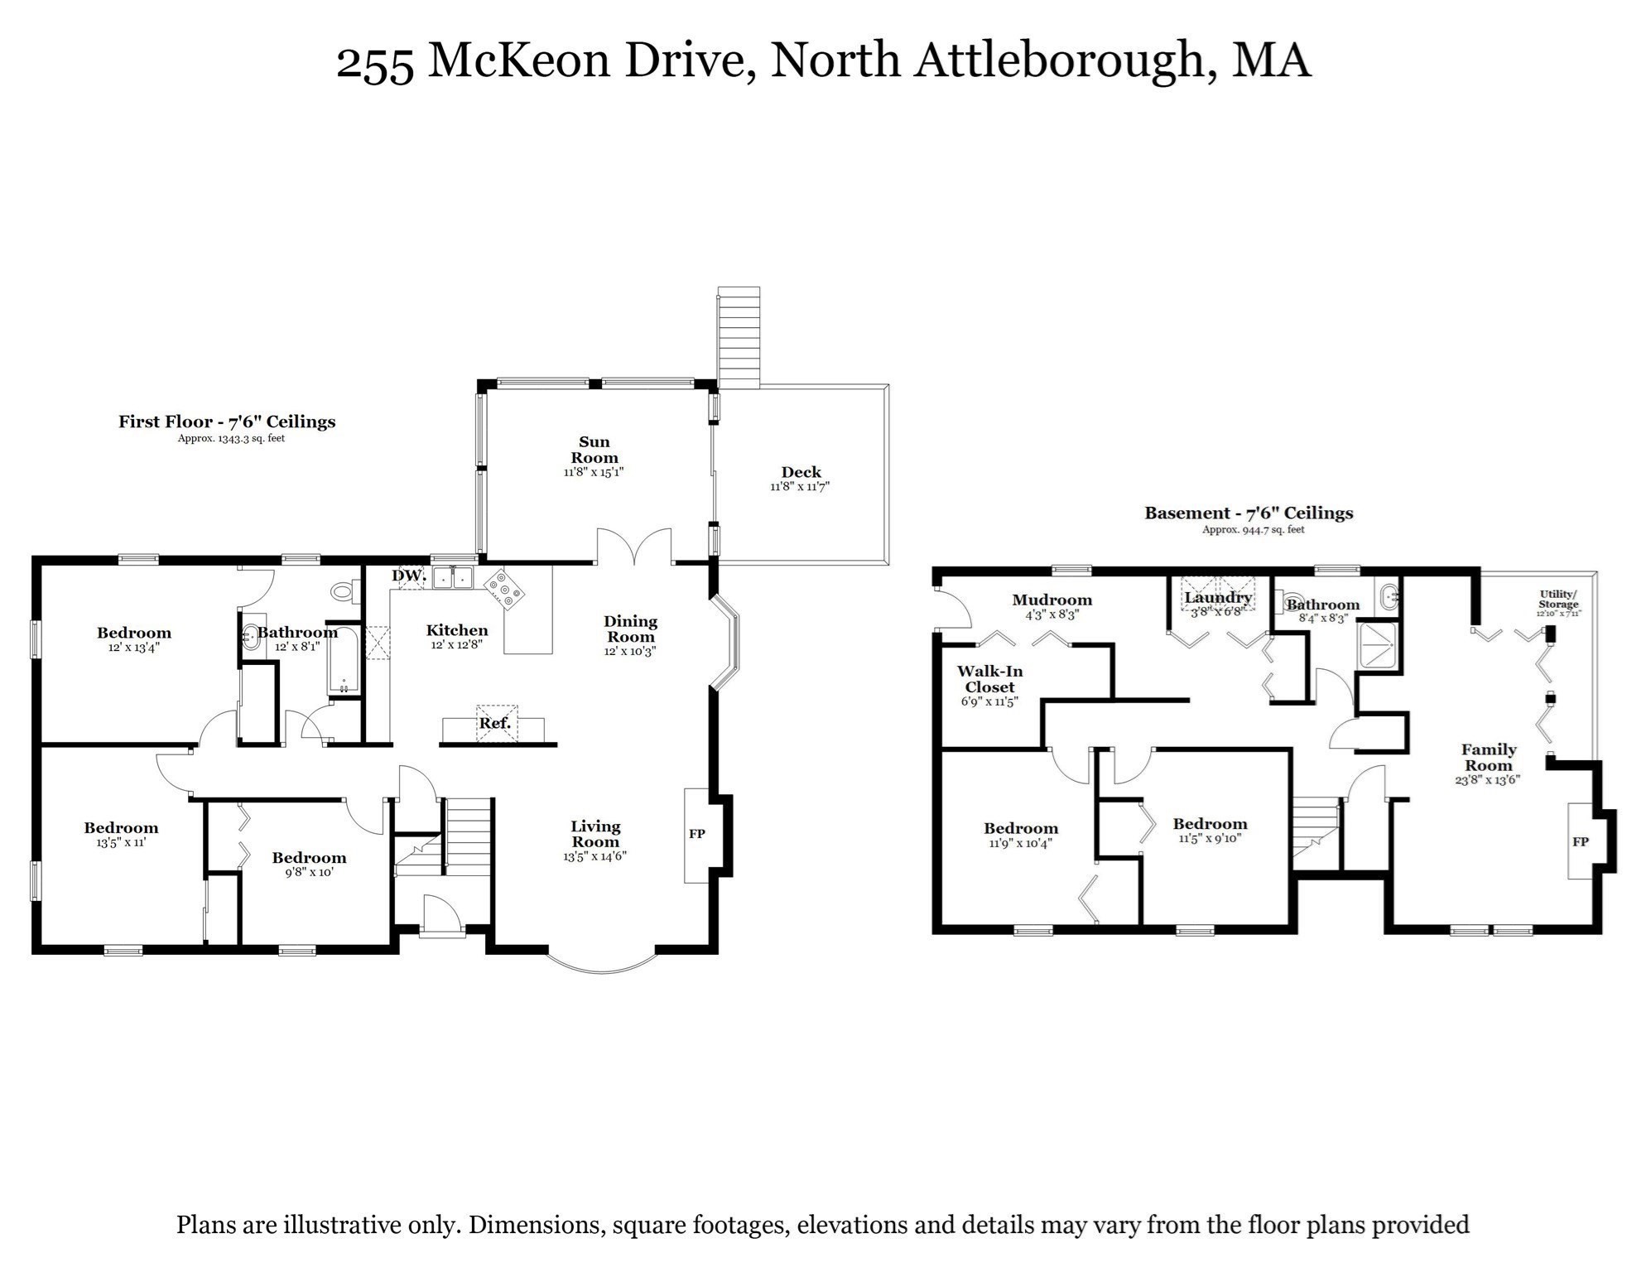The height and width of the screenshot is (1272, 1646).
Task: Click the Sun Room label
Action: (594, 450)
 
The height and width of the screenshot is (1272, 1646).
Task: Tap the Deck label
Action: (800, 473)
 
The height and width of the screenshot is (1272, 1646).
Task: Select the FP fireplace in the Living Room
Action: (697, 834)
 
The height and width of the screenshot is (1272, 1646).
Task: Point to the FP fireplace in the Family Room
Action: (1581, 841)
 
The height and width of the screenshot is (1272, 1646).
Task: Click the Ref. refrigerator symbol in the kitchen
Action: (495, 723)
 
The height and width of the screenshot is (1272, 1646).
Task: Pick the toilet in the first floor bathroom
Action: (344, 591)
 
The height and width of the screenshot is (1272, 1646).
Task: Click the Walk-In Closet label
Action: (989, 679)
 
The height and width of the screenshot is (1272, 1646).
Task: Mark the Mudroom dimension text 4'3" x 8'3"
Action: (1052, 615)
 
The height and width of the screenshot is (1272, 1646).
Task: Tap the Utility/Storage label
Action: (1558, 599)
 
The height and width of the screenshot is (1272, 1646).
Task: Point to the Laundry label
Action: (1217, 597)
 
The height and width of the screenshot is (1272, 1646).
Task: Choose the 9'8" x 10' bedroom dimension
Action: (309, 872)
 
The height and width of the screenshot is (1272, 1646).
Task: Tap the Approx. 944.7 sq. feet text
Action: (1253, 529)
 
